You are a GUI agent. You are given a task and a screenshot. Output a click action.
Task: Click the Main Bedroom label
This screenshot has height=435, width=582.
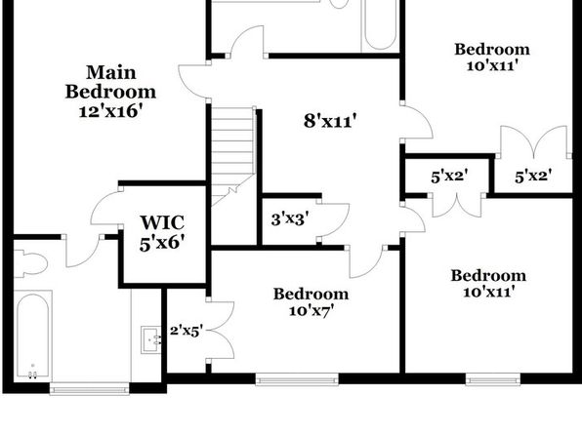click(x=110, y=82)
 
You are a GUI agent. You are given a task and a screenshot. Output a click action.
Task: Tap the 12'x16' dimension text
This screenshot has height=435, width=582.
click(x=110, y=111)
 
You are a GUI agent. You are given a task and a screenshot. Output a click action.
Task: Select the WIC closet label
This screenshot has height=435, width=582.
click(x=162, y=222)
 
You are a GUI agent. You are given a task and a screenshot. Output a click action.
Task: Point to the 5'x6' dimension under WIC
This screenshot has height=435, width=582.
click(x=162, y=243)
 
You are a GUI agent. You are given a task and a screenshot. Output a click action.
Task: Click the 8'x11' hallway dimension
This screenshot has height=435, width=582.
click(x=330, y=121)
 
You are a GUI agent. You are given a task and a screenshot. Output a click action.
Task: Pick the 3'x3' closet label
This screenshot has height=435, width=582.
click(x=289, y=219)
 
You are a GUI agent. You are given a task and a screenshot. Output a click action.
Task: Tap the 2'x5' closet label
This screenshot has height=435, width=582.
click(x=186, y=331)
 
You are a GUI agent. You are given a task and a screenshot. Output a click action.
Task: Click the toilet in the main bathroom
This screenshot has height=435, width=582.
click(x=29, y=263)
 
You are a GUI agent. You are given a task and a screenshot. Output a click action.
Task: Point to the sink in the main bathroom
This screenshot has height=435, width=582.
click(x=150, y=339)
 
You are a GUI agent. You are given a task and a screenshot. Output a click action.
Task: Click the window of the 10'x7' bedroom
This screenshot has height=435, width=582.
click(x=297, y=379)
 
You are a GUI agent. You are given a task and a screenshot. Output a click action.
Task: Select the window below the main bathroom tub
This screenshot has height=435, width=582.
click(x=90, y=388)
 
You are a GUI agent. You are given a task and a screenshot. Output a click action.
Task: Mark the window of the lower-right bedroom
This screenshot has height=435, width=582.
click(x=493, y=379)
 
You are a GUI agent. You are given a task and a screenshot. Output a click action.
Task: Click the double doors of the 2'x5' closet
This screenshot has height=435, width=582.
click(x=220, y=330)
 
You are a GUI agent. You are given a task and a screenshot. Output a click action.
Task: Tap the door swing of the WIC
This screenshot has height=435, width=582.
click(x=106, y=208)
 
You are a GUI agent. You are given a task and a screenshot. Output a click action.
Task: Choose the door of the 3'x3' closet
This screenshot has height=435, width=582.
click(x=333, y=220)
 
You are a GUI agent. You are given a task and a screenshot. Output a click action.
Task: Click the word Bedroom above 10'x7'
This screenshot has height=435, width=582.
click(x=312, y=295)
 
